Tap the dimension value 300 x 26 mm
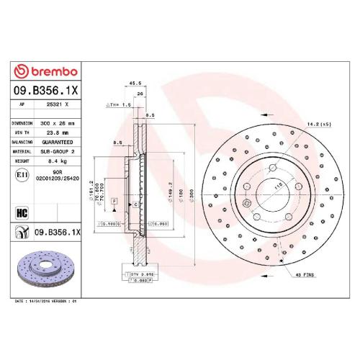click(63, 123)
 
